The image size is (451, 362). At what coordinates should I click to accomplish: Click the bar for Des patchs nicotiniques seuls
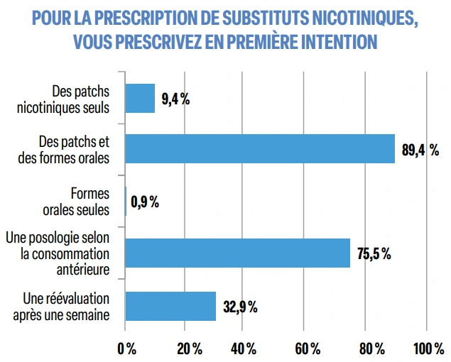(140, 98)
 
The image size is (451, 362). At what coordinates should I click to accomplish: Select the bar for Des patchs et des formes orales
(260, 149)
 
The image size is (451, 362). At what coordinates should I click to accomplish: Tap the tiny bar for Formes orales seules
(126, 201)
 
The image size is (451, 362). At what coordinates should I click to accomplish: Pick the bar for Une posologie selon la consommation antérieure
(238, 253)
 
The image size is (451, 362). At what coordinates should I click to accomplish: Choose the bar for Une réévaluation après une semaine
(170, 306)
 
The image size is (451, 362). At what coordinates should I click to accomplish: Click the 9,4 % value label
(175, 99)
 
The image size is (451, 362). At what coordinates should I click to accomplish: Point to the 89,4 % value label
(420, 150)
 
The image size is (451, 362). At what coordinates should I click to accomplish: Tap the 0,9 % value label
(145, 202)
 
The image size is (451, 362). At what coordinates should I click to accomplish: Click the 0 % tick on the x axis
(126, 349)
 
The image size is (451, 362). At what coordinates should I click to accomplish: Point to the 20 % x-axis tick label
(188, 349)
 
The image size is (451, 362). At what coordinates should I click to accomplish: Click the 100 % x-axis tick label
(429, 349)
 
